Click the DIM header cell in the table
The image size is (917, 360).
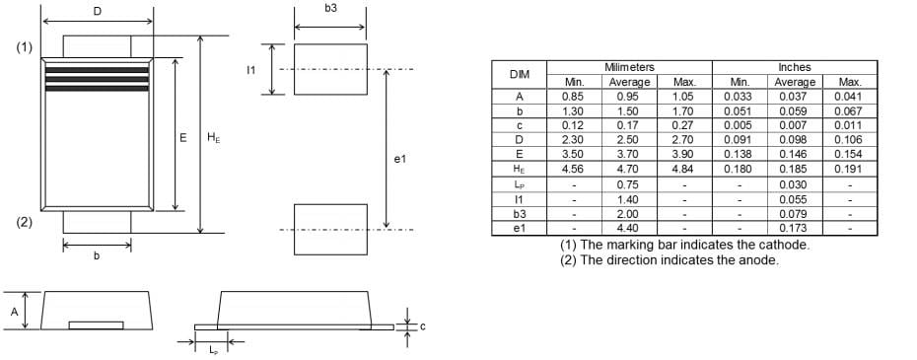pyautogui.click(x=519, y=74)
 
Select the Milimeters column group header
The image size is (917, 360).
pyautogui.click(x=629, y=67)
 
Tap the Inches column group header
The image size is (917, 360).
pyautogui.click(x=794, y=67)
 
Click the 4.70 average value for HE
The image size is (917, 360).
pyautogui.click(x=629, y=170)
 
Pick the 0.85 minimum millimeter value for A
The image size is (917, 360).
pyautogui.click(x=572, y=97)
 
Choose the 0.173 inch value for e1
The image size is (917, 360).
pyautogui.click(x=794, y=229)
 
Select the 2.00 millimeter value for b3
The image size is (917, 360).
pyautogui.click(x=629, y=214)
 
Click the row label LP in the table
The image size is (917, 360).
pyautogui.click(x=519, y=184)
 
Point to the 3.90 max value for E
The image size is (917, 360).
pyautogui.click(x=684, y=155)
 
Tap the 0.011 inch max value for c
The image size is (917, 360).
pyautogui.click(x=847, y=125)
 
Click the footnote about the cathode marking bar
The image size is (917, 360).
pyautogui.click(x=684, y=245)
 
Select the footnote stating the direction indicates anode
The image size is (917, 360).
pyautogui.click(x=670, y=260)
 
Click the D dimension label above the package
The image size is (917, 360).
pyautogui.click(x=97, y=11)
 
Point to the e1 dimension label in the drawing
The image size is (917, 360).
pyautogui.click(x=399, y=159)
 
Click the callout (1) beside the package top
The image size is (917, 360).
pyautogui.click(x=24, y=47)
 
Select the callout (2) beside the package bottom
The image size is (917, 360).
pyautogui.click(x=24, y=222)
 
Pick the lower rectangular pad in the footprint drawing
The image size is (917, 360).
pyautogui.click(x=330, y=229)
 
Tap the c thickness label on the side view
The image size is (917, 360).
pyautogui.click(x=422, y=326)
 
